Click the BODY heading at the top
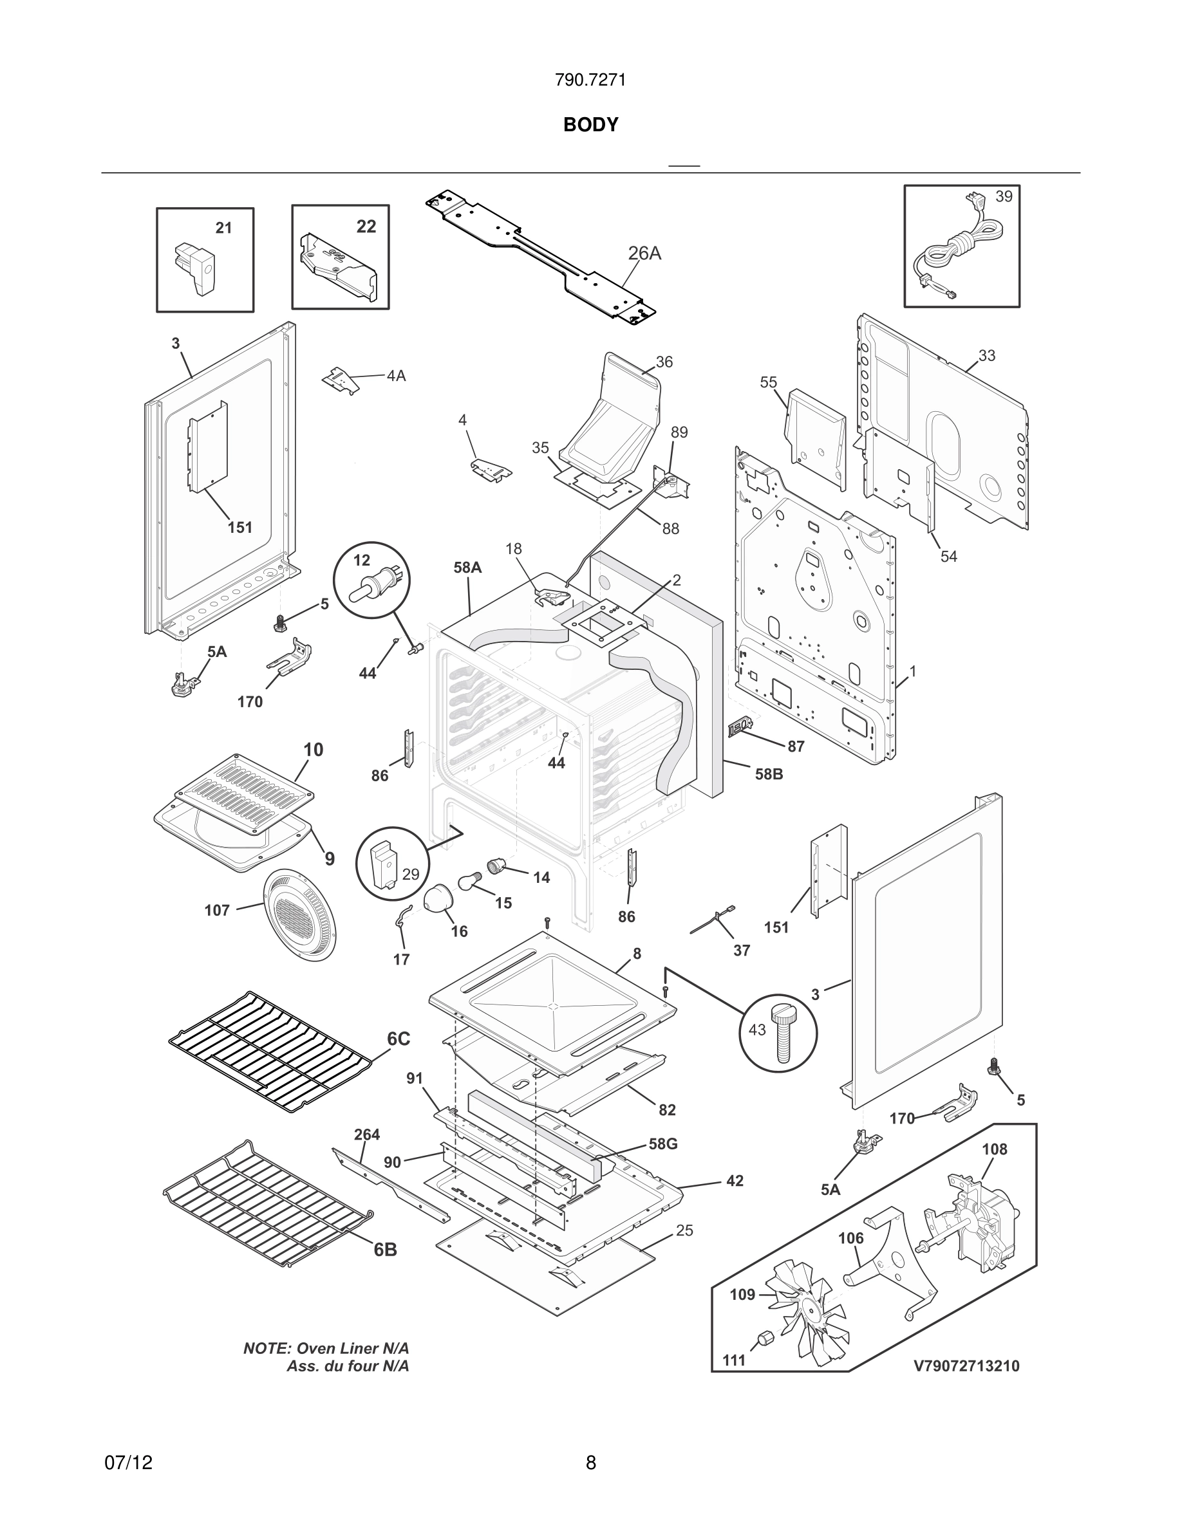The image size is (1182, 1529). coord(590,125)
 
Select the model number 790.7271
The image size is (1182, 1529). coord(590,80)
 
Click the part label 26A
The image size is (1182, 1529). coord(644,253)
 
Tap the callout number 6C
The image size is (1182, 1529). coord(398,1058)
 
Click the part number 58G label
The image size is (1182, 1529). coord(662,1144)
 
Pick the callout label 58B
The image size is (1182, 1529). coord(768,774)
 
